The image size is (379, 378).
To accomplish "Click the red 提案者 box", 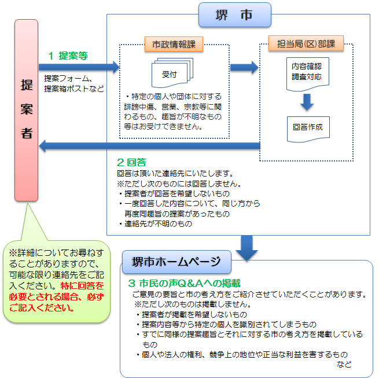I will tap(26, 110).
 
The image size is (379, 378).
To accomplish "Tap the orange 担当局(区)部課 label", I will tap(306, 45).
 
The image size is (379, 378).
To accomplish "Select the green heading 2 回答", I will tap(130, 162).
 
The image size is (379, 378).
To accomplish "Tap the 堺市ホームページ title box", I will tap(177, 262).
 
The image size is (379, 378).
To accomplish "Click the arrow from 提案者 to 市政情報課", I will tap(81, 68).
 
